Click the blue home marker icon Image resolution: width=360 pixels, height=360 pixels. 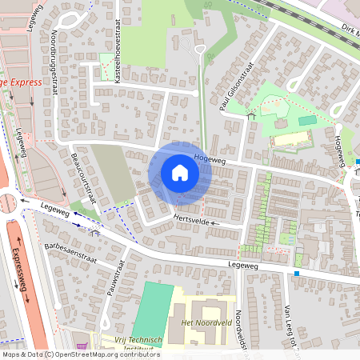tap(180, 173)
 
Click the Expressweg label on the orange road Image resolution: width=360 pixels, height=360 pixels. tap(20, 272)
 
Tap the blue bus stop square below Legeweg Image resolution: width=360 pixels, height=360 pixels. tap(297, 274)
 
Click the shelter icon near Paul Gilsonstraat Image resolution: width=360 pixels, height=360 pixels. tap(250, 116)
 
